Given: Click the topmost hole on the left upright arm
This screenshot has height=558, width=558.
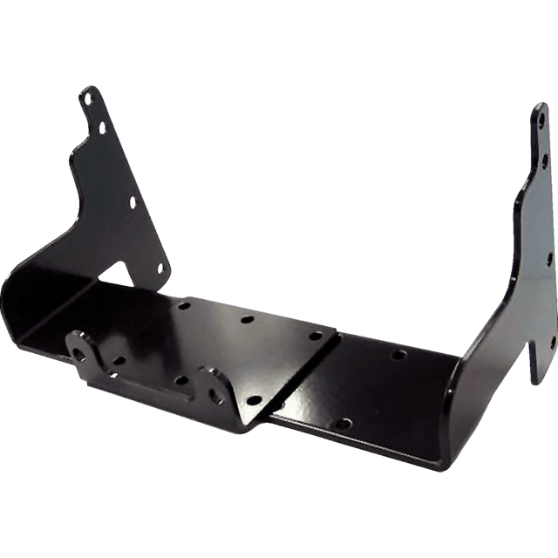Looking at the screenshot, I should (89, 99).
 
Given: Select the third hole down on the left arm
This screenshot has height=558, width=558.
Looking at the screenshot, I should (133, 202).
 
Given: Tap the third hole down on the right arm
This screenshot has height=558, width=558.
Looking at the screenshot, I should (548, 258).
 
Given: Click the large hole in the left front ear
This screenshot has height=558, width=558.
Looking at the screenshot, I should (84, 351).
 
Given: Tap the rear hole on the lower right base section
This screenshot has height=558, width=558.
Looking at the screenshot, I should (398, 356).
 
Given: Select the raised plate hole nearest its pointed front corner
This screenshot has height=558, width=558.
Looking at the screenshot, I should (254, 399).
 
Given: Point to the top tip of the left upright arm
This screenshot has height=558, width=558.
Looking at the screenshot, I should (87, 87).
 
